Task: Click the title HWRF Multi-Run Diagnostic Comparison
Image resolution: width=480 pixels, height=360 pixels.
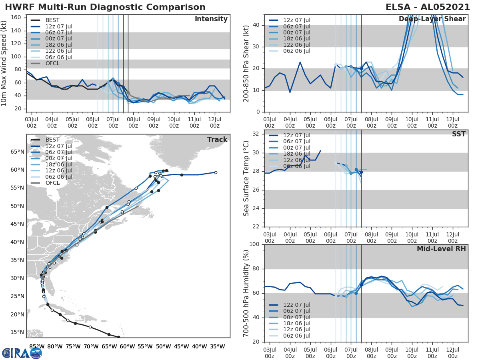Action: point(105,7)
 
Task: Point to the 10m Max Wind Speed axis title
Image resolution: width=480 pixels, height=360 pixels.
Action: point(4,64)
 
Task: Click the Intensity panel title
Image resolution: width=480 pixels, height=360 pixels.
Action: point(211,19)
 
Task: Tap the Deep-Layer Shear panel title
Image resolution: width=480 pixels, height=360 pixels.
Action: point(432,19)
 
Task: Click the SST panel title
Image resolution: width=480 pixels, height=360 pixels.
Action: point(458,134)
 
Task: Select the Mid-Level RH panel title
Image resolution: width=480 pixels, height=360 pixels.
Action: point(441,249)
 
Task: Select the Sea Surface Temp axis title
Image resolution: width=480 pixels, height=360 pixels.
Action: point(246,179)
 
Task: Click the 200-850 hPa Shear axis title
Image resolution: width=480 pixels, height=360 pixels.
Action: point(246,64)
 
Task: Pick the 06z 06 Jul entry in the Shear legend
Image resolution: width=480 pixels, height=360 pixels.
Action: point(296,51)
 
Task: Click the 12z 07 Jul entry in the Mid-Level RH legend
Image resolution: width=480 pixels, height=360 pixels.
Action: point(296,305)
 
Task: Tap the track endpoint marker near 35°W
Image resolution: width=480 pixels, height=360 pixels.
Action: point(216,172)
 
